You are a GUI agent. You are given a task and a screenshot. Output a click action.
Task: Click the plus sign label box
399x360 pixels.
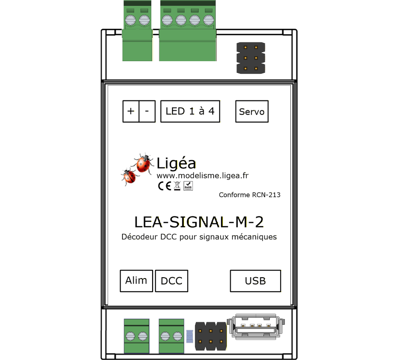(x=131, y=111)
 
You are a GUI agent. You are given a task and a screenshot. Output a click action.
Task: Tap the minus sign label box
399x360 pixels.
(x=147, y=111)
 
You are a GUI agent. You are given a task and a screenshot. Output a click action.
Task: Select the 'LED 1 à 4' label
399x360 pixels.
(x=190, y=111)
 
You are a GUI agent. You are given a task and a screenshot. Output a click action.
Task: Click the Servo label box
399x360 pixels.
(x=252, y=112)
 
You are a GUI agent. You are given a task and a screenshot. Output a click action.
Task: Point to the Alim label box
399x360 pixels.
(x=136, y=281)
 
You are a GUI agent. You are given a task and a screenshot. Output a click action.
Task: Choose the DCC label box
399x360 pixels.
(x=172, y=281)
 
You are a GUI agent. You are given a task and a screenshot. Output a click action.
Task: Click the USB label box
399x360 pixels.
(x=255, y=281)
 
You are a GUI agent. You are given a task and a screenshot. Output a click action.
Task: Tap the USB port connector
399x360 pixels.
(x=255, y=328)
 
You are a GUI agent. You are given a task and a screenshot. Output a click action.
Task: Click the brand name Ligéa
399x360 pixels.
(x=176, y=162)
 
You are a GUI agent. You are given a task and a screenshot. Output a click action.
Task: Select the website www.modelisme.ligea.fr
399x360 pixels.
(x=202, y=175)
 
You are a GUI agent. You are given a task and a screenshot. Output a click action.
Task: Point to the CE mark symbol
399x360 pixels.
(x=164, y=185)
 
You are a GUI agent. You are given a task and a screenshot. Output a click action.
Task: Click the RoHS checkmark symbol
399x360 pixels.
(x=188, y=185)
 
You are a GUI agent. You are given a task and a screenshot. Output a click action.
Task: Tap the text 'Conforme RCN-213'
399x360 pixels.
(x=249, y=195)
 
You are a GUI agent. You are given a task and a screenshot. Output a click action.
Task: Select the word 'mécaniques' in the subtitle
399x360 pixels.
(x=254, y=237)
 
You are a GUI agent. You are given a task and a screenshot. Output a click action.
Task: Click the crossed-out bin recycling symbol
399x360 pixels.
(x=177, y=185)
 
